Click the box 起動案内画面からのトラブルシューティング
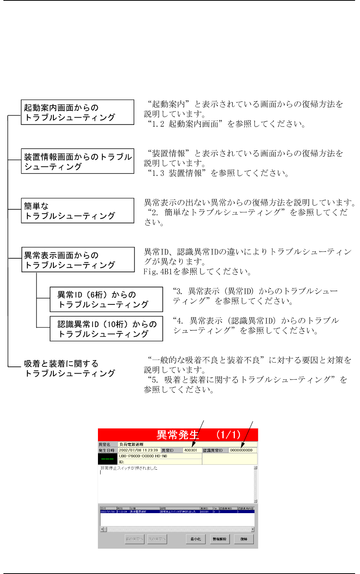pyautogui.click(x=78, y=112)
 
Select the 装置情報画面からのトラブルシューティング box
pyautogui.click(x=78, y=161)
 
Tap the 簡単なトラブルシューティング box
pyautogui.click(x=78, y=211)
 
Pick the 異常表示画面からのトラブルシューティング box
pyautogui.click(x=78, y=260)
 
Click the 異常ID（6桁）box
pyautogui.click(x=106, y=299)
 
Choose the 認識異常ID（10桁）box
pyautogui.click(x=106, y=329)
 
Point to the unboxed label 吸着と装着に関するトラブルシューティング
pyautogui.click(x=70, y=368)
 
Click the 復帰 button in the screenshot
pyautogui.click(x=244, y=539)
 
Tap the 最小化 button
pyautogui.click(x=196, y=539)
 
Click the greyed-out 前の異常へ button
pyautogui.click(x=134, y=539)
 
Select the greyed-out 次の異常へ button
pyautogui.click(x=157, y=539)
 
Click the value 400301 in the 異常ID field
pyautogui.click(x=191, y=450)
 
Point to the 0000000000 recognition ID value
pyautogui.click(x=241, y=450)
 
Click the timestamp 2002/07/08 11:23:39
pyautogui.click(x=138, y=450)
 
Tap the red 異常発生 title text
pyautogui.click(x=178, y=435)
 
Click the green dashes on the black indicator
pyautogui.click(x=107, y=459)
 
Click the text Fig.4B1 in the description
pyautogui.click(x=156, y=271)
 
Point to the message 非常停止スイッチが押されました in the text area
pyautogui.click(x=129, y=468)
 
